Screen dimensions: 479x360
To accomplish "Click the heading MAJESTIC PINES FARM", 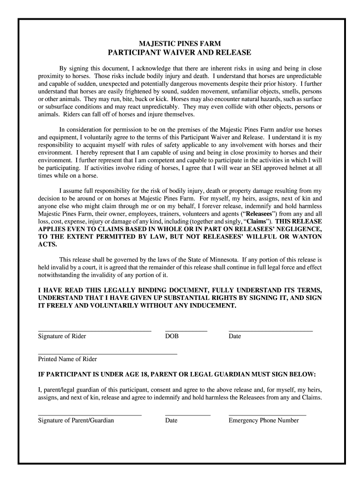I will [x=180, y=43].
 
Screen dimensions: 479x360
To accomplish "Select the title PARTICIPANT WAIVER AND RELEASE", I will [x=180, y=52].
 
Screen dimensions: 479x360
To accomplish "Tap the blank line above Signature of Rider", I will [x=94, y=331].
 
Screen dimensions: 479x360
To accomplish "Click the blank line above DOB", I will [x=186, y=331].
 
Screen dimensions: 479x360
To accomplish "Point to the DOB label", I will [x=172, y=336].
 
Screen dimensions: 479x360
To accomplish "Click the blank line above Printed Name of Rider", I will [x=108, y=354].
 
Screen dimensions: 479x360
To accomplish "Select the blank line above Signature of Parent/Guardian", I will [x=89, y=415].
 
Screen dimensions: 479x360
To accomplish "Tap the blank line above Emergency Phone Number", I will [x=267, y=415].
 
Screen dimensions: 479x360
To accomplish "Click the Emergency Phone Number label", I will [x=263, y=421].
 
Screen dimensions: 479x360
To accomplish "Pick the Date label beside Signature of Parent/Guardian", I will [x=171, y=421].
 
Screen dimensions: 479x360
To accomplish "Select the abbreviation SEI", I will [x=250, y=168].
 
